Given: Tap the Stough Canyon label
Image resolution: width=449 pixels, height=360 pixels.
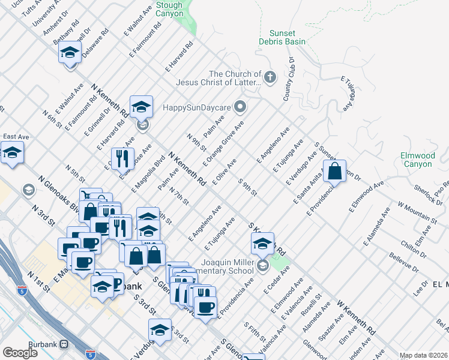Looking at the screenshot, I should (169, 9).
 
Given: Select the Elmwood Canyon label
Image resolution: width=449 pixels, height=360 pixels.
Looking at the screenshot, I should (417, 160).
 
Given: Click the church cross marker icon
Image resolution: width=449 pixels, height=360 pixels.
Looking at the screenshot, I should (270, 77).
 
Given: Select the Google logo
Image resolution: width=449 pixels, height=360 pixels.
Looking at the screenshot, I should (20, 353).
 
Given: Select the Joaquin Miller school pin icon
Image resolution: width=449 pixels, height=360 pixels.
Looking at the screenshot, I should (262, 265).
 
